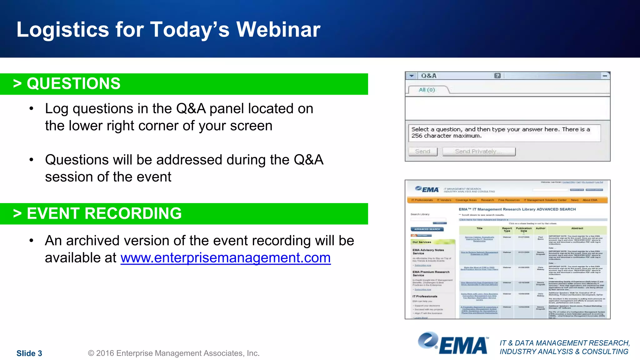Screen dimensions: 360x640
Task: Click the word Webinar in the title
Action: [x=278, y=30]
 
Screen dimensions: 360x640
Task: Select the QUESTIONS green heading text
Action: [x=73, y=84]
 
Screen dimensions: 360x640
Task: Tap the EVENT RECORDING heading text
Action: [x=104, y=214]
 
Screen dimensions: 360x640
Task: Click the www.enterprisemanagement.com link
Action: [x=225, y=258]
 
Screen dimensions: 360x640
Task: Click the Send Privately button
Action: [x=478, y=152]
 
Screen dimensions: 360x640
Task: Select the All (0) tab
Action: [x=427, y=90]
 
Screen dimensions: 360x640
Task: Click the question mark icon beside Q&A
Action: [x=497, y=76]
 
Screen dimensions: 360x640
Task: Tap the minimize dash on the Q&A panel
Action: [x=605, y=76]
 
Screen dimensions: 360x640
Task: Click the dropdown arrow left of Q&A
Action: [x=412, y=76]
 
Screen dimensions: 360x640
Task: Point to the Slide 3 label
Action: [x=29, y=353]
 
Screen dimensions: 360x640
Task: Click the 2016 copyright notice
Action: [x=174, y=353]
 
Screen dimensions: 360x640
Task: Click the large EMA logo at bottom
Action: [x=453, y=344]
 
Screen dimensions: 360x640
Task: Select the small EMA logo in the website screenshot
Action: [x=427, y=189]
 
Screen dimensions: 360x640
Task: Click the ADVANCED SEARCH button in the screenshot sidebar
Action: [x=427, y=229]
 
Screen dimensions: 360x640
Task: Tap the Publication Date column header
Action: [x=524, y=229]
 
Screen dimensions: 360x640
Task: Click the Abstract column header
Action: [x=577, y=228]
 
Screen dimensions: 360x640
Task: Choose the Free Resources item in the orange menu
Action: [x=509, y=200]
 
